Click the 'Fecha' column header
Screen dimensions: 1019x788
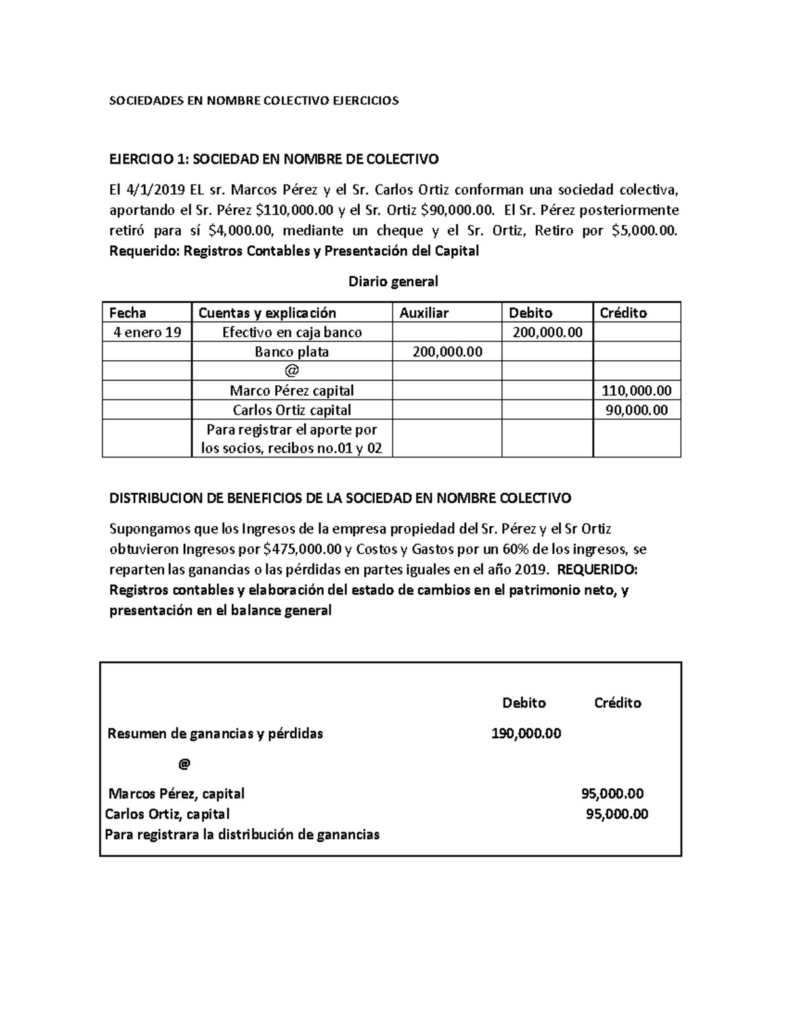127,313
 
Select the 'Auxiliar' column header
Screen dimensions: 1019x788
424,313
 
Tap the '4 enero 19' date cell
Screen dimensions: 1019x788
146,333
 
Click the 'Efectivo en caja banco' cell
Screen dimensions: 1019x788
292,333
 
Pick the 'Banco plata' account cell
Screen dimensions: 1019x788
292,352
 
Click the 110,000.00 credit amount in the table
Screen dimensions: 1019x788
636,391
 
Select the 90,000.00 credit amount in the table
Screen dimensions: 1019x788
636,411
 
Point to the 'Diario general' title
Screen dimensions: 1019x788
393,282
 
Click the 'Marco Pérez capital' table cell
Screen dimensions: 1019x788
292,391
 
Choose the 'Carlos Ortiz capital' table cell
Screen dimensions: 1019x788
292,411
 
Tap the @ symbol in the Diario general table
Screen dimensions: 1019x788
292,371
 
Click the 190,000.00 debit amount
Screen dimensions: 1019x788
526,734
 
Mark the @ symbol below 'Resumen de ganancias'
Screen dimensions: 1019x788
184,764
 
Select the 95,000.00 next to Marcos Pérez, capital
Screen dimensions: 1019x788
612,794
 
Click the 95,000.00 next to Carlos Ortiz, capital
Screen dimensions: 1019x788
617,814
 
